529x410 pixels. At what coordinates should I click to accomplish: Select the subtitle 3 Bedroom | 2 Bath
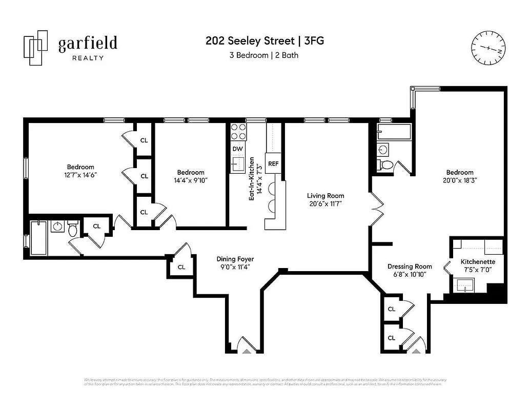(x=264, y=55)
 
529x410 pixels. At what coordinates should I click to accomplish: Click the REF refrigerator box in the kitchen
(x=273, y=164)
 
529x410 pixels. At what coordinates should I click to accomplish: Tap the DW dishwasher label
(x=237, y=149)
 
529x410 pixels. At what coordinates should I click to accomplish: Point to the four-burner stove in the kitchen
(x=238, y=132)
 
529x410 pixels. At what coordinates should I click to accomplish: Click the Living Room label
(x=325, y=196)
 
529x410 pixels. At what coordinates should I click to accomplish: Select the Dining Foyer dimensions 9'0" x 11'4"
(x=235, y=266)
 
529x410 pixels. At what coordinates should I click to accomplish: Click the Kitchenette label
(x=478, y=261)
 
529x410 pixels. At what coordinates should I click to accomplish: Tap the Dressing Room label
(x=410, y=266)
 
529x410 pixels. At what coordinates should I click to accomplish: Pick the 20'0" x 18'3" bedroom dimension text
(x=459, y=180)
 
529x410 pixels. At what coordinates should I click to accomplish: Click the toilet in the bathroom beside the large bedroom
(x=386, y=165)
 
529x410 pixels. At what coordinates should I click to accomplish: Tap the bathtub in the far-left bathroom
(x=39, y=237)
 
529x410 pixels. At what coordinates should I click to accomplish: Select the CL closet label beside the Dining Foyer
(x=181, y=267)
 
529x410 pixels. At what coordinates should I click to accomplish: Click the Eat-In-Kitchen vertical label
(x=252, y=178)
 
